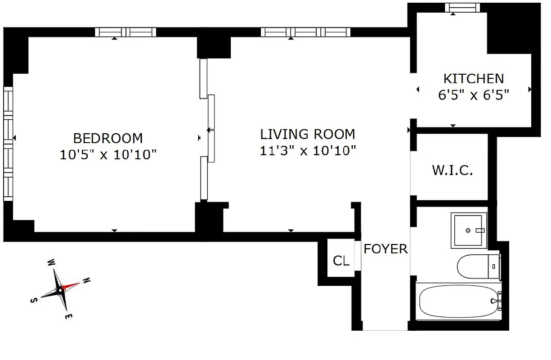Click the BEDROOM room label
click(x=108, y=138)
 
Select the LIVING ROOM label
click(x=308, y=134)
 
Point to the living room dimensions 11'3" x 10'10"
click(x=308, y=151)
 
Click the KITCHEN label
click(x=474, y=79)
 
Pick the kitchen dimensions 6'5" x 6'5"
click(x=474, y=95)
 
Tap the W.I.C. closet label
click(x=452, y=171)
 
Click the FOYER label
click(x=385, y=249)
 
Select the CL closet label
click(x=341, y=261)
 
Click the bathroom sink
click(x=469, y=230)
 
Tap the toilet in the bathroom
click(x=477, y=266)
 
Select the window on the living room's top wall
click(x=305, y=32)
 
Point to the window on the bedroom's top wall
click(x=125, y=32)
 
